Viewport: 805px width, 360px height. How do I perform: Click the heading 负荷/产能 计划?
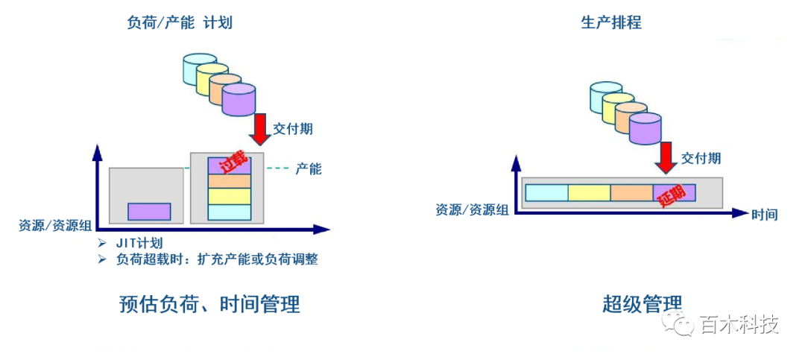pos(180,22)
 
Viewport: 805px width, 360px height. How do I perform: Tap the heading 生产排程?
pos(611,22)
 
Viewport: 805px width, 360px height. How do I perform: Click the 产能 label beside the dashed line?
pos(309,169)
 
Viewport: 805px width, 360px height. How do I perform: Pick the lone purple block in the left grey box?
pos(149,211)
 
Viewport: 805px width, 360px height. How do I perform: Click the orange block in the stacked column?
pos(230,181)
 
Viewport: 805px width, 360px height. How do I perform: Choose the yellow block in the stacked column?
pos(230,197)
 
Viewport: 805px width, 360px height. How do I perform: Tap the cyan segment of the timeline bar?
pos(546,192)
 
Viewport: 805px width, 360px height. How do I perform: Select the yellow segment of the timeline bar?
pos(589,192)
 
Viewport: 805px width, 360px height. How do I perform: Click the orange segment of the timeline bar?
pos(631,192)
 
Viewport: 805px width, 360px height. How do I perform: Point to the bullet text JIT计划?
pos(139,244)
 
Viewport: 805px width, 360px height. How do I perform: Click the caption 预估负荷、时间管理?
pos(209,305)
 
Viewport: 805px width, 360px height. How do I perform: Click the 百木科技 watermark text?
pos(739,326)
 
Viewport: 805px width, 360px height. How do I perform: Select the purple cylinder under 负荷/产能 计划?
pos(239,99)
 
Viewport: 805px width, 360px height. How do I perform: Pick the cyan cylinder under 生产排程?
pos(606,94)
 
